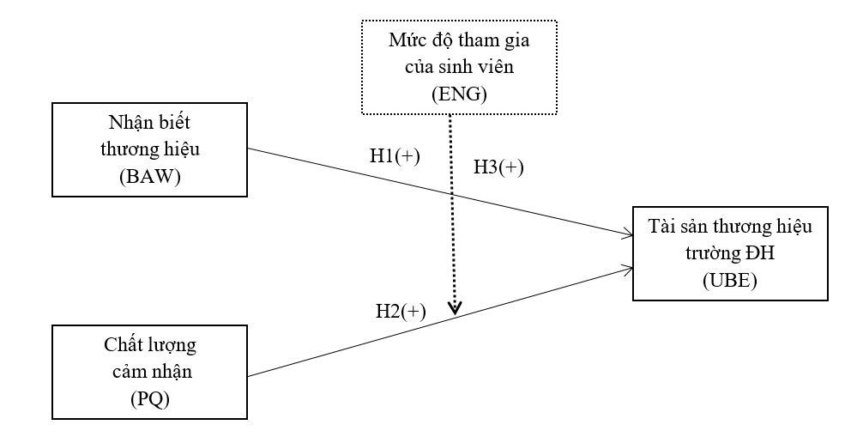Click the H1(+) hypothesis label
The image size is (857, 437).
[x=395, y=156]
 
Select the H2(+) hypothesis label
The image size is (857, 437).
[x=400, y=312]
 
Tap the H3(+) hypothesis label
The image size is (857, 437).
[x=498, y=167]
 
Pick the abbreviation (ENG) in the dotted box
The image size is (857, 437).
[x=458, y=94]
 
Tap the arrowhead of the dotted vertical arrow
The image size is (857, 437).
[x=456, y=307]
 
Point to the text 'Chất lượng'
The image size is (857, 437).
[x=149, y=346]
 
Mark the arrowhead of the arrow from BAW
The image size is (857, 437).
[x=629, y=232]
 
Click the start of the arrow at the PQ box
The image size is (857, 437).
[x=249, y=375]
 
